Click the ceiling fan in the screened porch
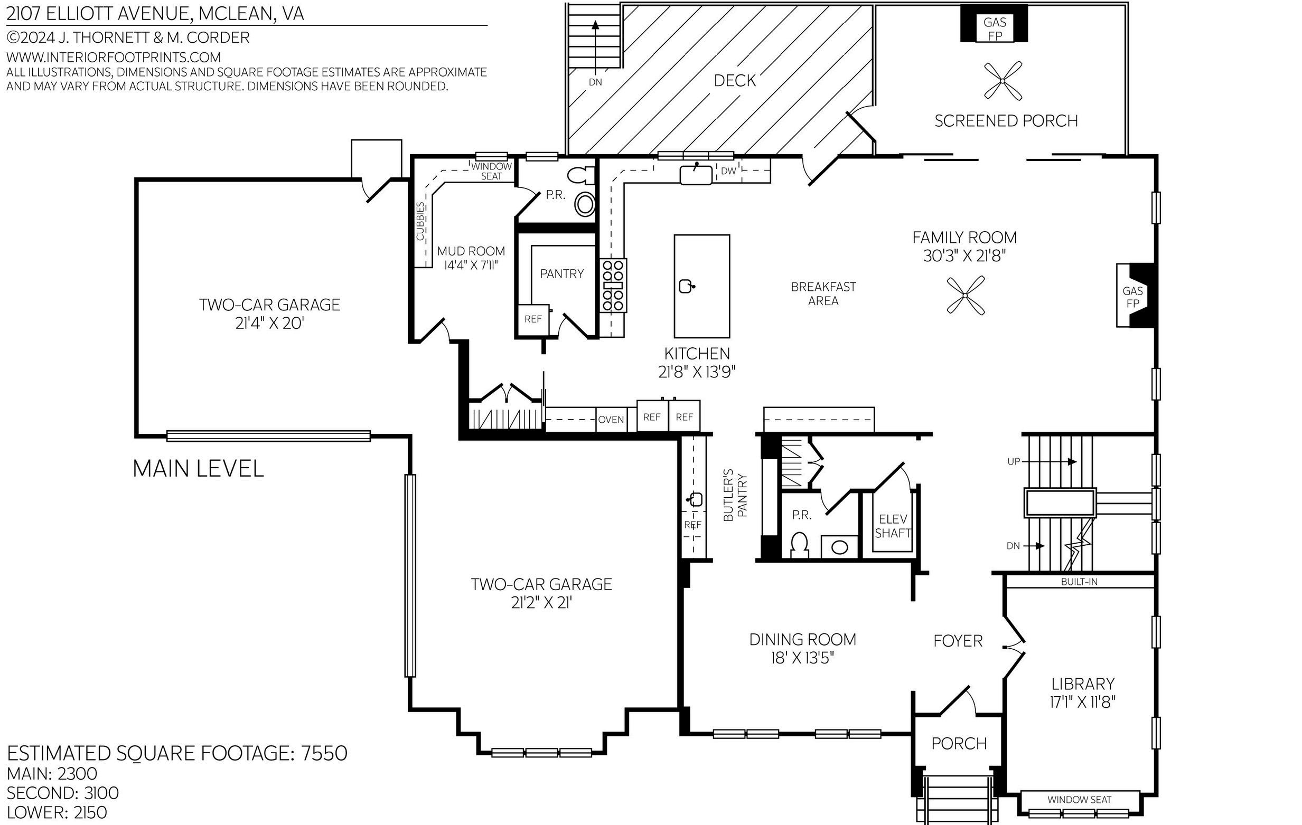(1003, 81)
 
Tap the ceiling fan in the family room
(966, 295)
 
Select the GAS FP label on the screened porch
(995, 29)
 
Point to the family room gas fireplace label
(1133, 297)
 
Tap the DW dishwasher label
(728, 171)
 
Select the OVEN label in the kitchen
(611, 420)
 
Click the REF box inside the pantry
(533, 319)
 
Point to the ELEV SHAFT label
(893, 526)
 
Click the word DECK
(735, 81)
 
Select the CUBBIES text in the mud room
(420, 222)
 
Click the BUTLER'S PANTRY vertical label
(735, 495)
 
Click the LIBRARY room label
(1082, 684)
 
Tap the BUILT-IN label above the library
(1079, 582)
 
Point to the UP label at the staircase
(1014, 461)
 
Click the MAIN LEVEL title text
(198, 468)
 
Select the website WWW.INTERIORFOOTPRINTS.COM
(114, 57)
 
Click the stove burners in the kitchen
(613, 285)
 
